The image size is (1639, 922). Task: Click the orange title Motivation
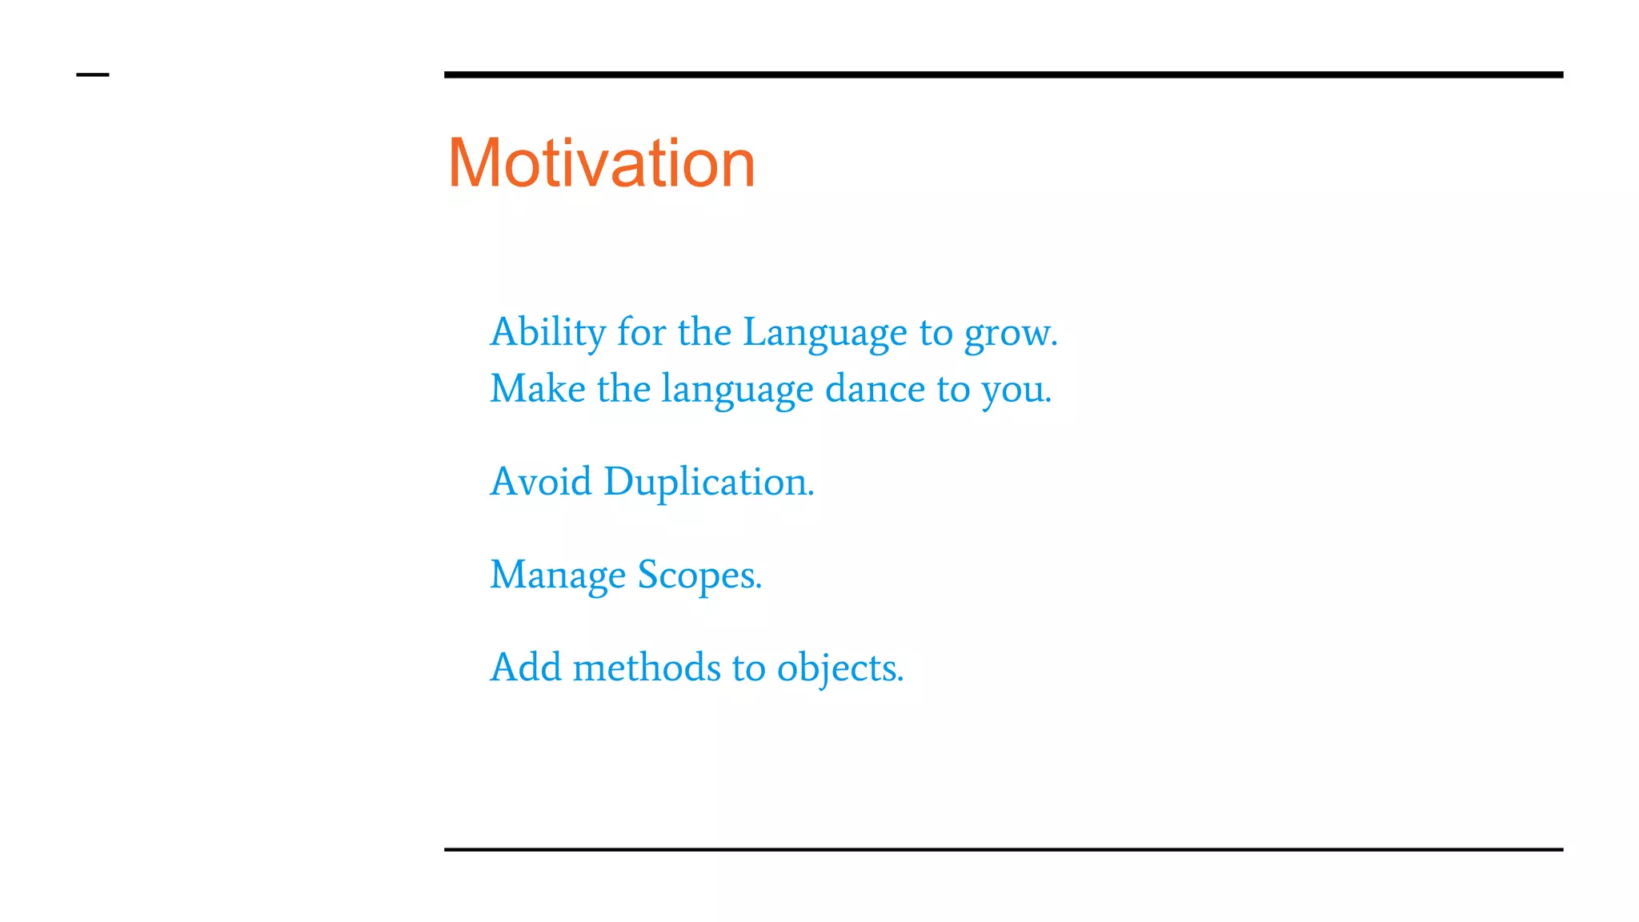601,163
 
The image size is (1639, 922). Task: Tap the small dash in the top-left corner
93,75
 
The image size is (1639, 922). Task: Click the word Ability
548,332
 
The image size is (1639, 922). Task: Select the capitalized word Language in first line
825,332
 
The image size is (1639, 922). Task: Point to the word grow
1010,334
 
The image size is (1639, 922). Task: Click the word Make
537,389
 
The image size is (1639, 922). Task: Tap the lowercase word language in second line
737,391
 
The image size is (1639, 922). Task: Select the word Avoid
541,482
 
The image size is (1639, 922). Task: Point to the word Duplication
708,483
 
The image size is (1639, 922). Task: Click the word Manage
558,575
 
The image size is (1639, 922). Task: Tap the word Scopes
699,575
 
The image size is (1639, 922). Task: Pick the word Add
526,667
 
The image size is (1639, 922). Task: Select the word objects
840,669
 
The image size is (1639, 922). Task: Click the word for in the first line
641,332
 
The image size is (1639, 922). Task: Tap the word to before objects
748,668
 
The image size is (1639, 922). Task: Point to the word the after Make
623,389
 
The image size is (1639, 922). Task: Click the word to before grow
936,333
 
